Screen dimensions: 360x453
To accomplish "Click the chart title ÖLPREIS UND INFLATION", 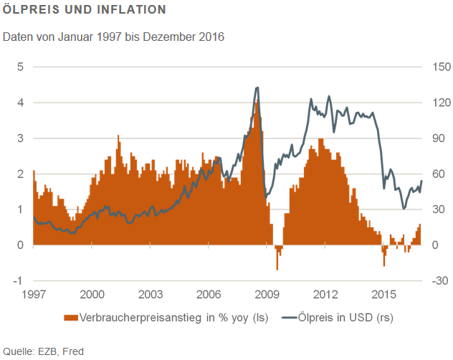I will (x=85, y=11).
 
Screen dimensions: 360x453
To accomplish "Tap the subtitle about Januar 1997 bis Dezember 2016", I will (x=114, y=36).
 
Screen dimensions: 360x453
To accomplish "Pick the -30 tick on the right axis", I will (x=439, y=280).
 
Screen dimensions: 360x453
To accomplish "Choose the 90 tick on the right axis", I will (x=437, y=138).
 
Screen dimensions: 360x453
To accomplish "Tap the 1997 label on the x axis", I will (x=34, y=295).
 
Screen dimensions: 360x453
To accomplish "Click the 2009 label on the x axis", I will (x=267, y=295).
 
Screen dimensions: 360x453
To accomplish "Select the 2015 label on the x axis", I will (x=384, y=295).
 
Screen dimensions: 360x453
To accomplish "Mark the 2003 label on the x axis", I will (x=151, y=295).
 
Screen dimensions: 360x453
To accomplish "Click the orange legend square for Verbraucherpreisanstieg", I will (x=70, y=316).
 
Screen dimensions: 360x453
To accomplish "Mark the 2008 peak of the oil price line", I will (x=257, y=87).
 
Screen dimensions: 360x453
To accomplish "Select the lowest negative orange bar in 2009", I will (x=277, y=269).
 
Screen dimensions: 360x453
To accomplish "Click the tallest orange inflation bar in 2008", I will (x=255, y=103).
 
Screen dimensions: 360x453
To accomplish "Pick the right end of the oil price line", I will (x=421, y=181).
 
